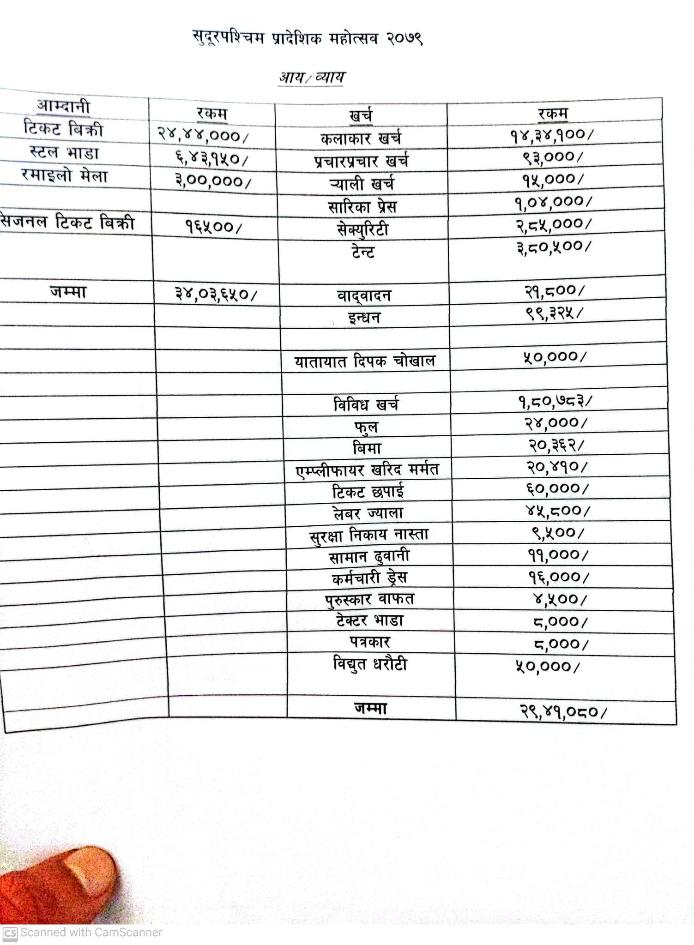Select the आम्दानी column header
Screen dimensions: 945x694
[x=64, y=107]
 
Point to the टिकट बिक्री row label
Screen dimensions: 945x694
[x=63, y=129]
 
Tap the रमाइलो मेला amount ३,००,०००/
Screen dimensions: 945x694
[x=213, y=181]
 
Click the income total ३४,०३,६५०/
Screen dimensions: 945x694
[x=216, y=294]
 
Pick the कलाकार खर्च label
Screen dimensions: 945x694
[x=361, y=138]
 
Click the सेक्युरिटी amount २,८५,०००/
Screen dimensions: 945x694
[x=553, y=224]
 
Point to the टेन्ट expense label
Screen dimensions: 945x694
[x=362, y=252]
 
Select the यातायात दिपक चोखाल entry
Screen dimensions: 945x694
[x=365, y=361]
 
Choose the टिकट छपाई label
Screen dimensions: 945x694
[x=368, y=491]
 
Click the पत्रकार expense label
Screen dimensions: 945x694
[x=369, y=642]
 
